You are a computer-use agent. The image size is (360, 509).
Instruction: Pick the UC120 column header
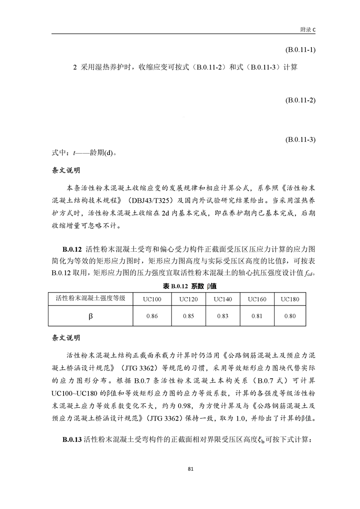188,299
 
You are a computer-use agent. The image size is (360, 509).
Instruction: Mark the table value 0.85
188,316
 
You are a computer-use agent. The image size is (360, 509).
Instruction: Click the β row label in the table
91,316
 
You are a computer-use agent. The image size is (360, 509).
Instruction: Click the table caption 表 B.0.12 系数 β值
180,286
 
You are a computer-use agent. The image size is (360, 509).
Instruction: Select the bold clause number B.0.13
72,440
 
